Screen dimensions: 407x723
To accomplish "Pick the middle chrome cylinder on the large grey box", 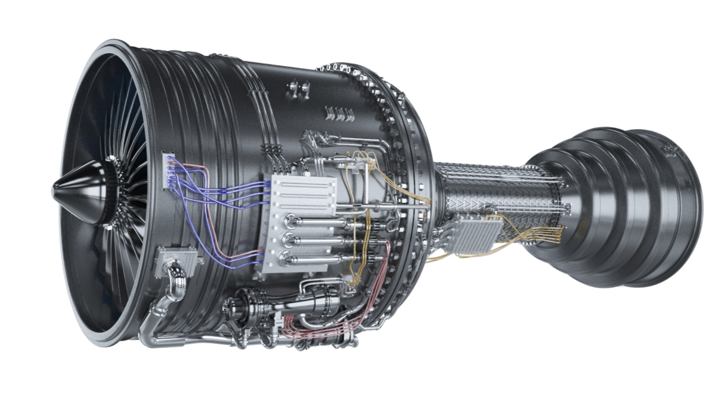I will (316, 240).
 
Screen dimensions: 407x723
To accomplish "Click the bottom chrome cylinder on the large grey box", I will (316, 259).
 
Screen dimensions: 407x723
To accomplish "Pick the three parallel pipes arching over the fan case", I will (264, 113).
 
